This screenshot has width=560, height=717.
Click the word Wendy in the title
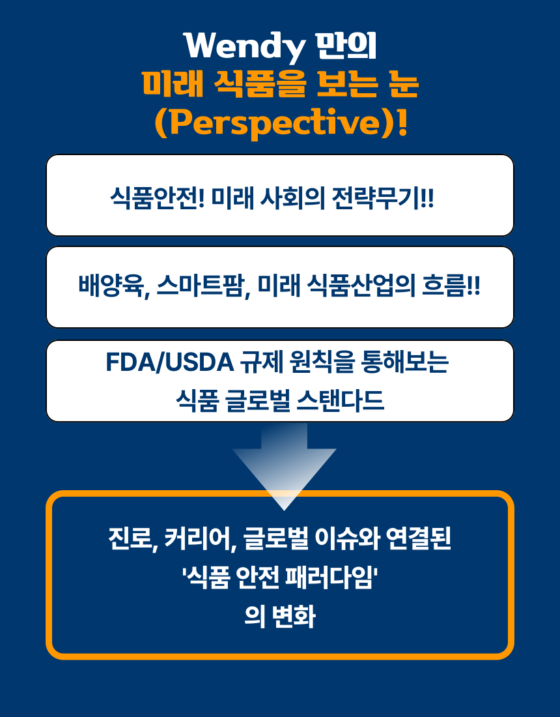coord(245,46)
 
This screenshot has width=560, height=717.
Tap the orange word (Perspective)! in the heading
coord(281,122)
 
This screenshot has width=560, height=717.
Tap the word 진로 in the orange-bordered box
coord(130,540)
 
